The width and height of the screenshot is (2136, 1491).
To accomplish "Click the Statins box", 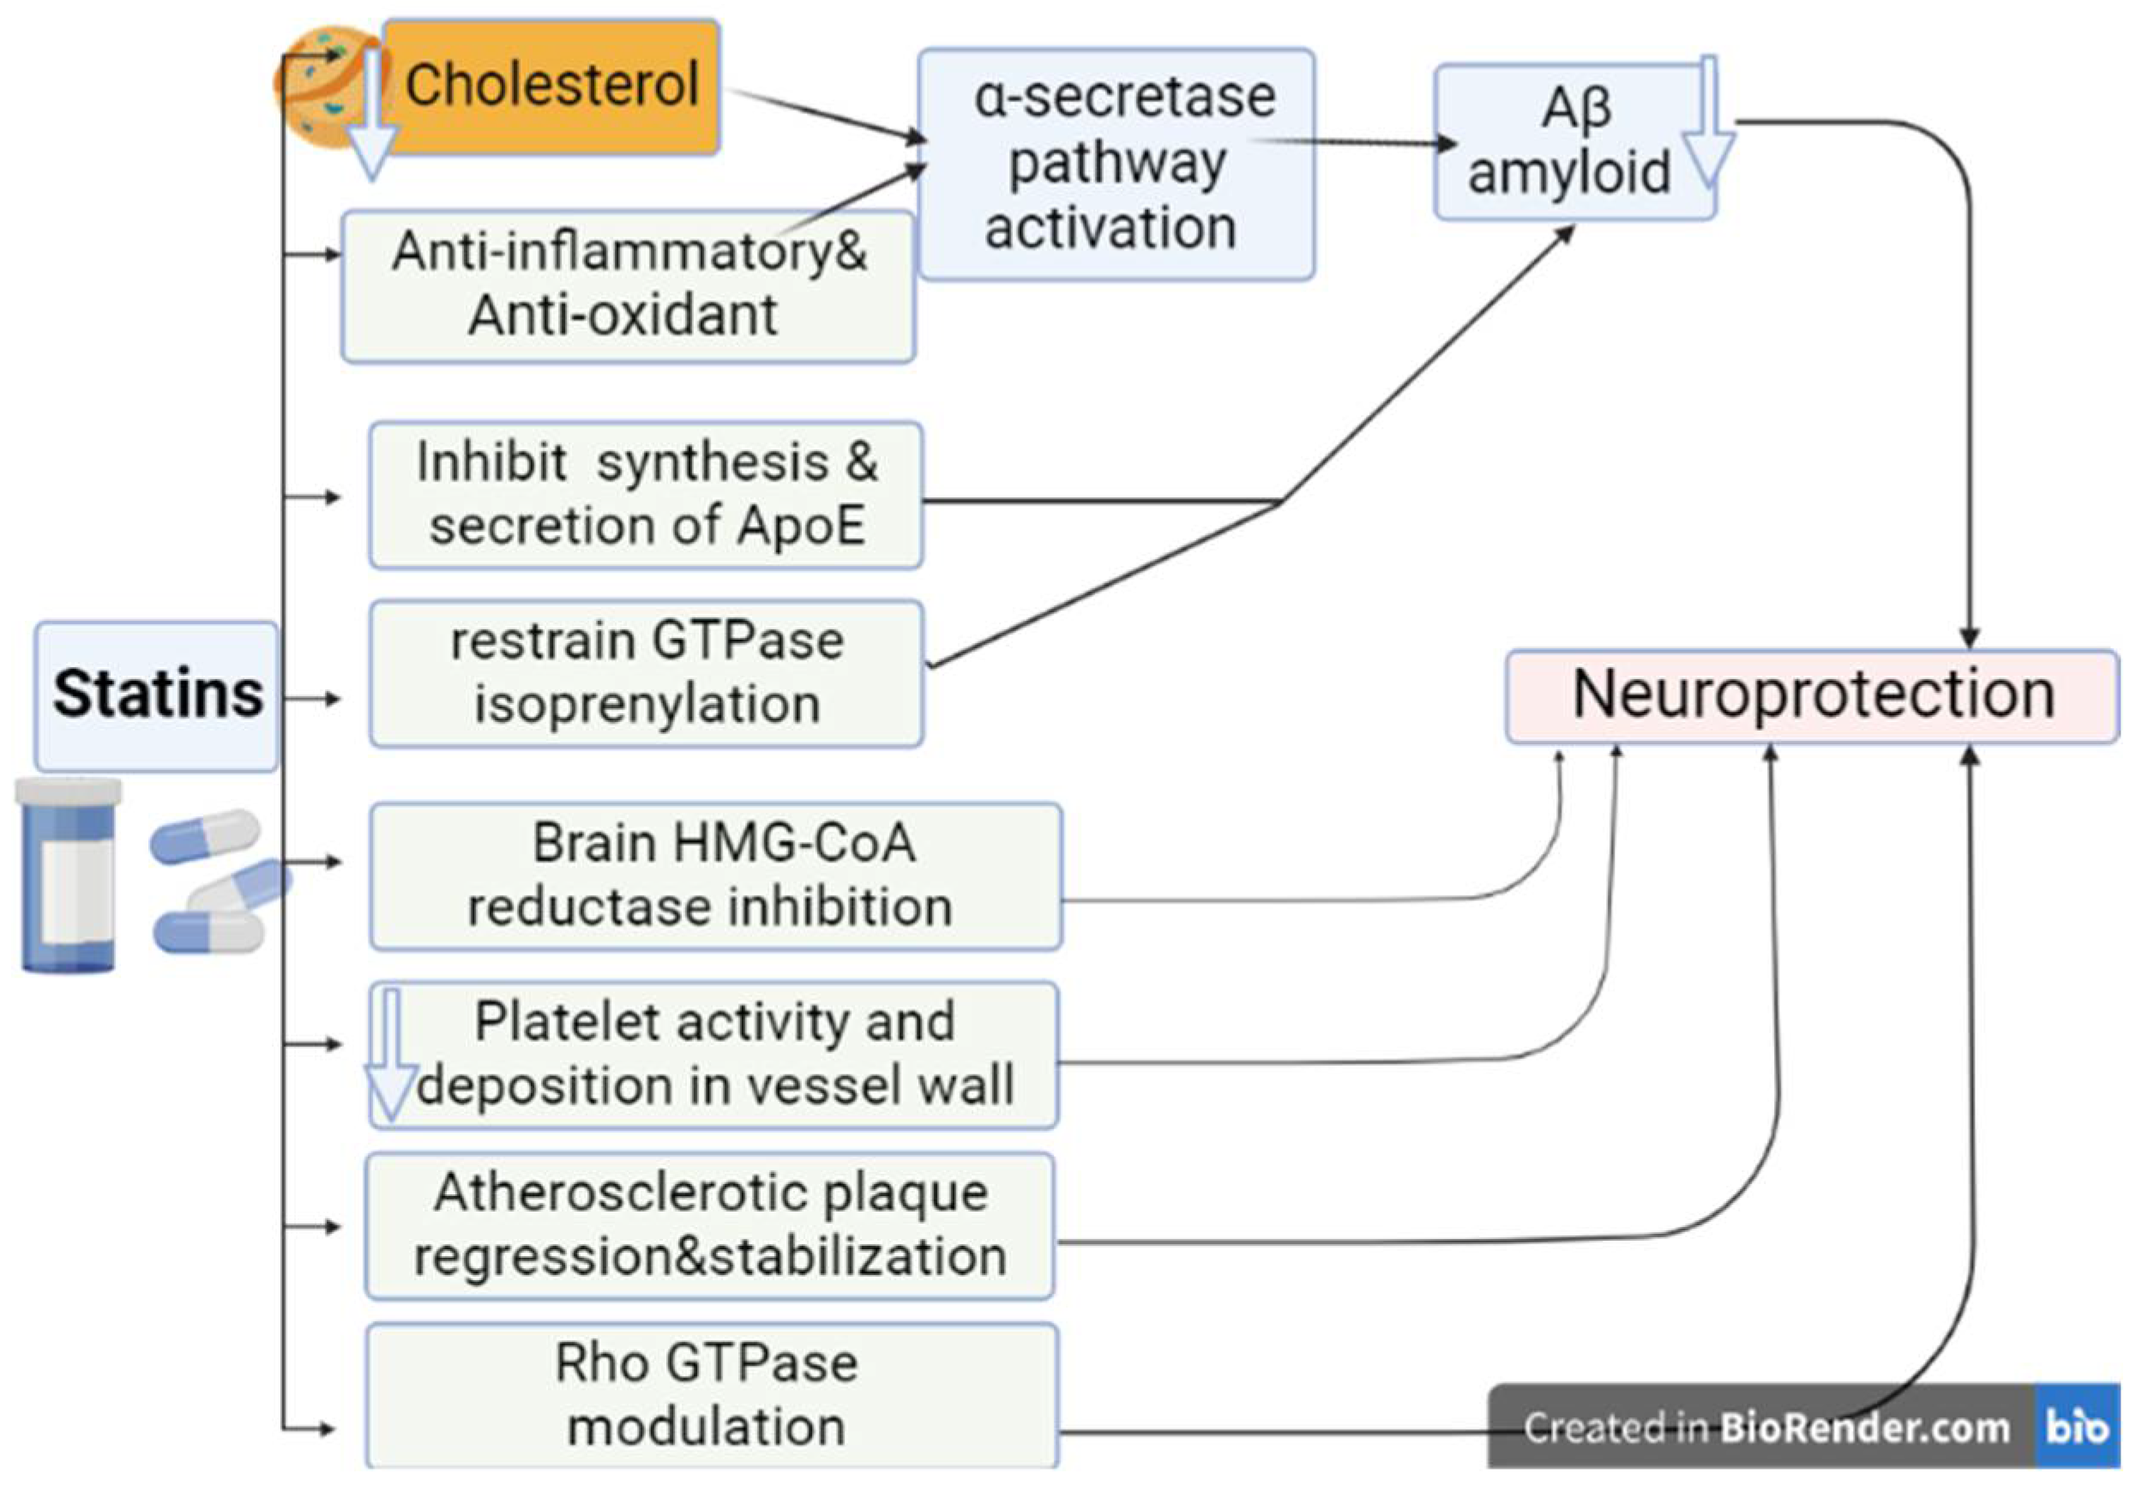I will pyautogui.click(x=156, y=695).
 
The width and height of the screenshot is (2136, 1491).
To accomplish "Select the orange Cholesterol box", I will pyautogui.click(x=551, y=86).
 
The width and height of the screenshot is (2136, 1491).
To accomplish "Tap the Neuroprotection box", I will pyautogui.click(x=1811, y=695).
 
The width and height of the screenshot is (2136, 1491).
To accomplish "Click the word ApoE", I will pyautogui.click(x=801, y=526).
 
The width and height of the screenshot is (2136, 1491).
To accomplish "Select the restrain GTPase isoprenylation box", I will pyautogui.click(x=646, y=673).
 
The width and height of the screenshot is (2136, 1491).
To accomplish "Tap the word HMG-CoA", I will pyautogui.click(x=793, y=844).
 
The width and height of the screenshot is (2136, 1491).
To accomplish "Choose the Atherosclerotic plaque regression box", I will pyautogui.click(x=709, y=1226).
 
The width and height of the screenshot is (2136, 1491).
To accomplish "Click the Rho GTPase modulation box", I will pyautogui.click(x=711, y=1395).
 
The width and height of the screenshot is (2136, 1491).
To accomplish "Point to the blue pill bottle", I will pyautogui.click(x=69, y=879).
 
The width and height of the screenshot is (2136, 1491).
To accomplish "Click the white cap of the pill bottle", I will pyautogui.click(x=69, y=791).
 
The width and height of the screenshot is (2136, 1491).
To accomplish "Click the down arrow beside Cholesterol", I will pyautogui.click(x=371, y=116).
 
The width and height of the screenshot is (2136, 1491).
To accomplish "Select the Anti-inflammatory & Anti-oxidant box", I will pyautogui.click(x=628, y=286).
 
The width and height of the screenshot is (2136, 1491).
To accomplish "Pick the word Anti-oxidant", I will pyautogui.click(x=622, y=316).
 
